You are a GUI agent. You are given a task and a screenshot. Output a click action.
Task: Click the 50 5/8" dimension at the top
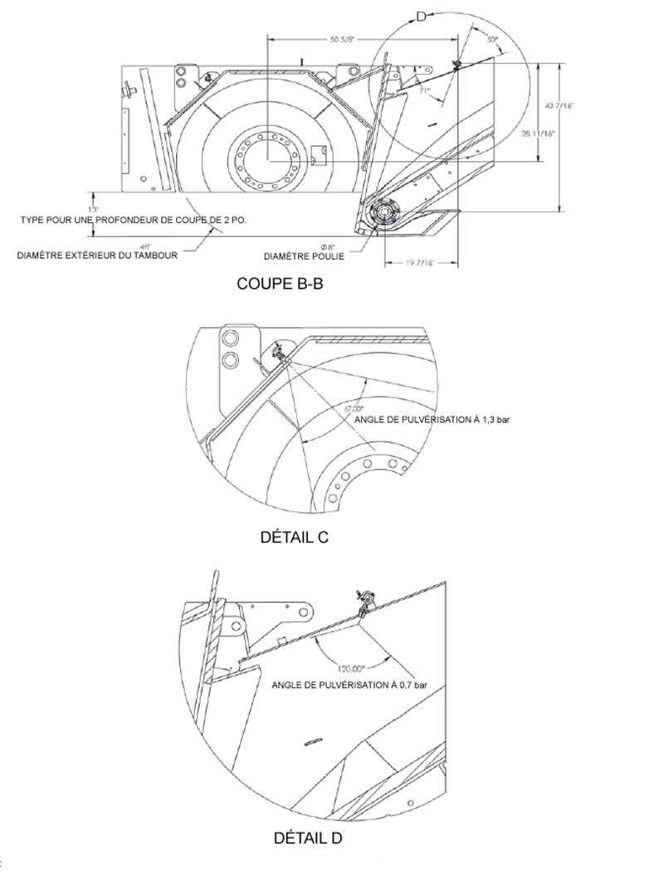click(343, 40)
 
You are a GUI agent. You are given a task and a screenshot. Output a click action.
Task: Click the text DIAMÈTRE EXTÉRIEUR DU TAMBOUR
click(97, 255)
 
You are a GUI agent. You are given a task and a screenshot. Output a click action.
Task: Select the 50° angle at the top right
click(491, 40)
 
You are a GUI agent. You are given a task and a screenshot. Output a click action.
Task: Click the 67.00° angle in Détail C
click(354, 409)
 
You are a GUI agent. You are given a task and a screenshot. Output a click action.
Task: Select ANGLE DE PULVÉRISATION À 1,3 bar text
click(432, 420)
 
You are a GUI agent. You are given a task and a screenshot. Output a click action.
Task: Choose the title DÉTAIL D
click(308, 838)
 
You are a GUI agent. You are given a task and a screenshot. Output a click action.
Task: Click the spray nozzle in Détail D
click(364, 603)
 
